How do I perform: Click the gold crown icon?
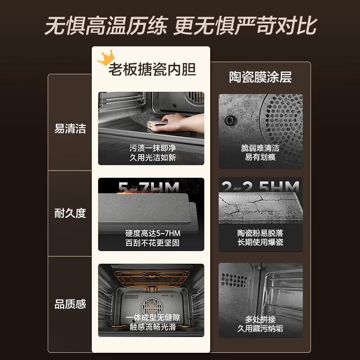point(107,57)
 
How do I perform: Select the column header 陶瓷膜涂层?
point(261,77)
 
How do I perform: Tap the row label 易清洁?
point(70,129)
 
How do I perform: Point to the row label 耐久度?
point(70,213)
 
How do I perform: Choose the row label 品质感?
point(70,304)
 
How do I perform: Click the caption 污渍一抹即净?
point(151,148)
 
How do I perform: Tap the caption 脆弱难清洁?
point(261,148)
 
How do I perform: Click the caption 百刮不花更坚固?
point(151,243)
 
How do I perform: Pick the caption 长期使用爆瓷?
point(261,243)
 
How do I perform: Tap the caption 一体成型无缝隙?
point(151,318)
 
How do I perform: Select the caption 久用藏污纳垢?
point(261,328)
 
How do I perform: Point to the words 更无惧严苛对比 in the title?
point(245,26)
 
